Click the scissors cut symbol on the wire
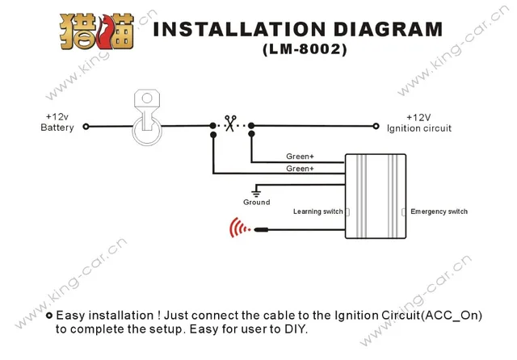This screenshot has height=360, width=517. pyautogui.click(x=231, y=125)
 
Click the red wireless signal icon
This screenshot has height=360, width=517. pyautogui.click(x=238, y=229)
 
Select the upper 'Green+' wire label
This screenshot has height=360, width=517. pyautogui.click(x=300, y=157)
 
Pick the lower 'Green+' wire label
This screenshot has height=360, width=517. pyautogui.click(x=300, y=169)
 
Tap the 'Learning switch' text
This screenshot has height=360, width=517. pyautogui.click(x=318, y=211)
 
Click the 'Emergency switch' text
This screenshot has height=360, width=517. pyautogui.click(x=439, y=211)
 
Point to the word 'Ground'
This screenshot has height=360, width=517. pyautogui.click(x=256, y=203)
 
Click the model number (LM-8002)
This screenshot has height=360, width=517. pyautogui.click(x=305, y=50)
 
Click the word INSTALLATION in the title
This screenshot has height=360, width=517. pyautogui.click(x=228, y=29)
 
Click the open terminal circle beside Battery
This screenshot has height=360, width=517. pyautogui.click(x=86, y=126)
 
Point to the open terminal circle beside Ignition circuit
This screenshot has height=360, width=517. pyautogui.click(x=376, y=126)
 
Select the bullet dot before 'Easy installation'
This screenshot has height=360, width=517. pyautogui.click(x=49, y=316)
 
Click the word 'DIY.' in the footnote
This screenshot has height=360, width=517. pyautogui.click(x=296, y=329)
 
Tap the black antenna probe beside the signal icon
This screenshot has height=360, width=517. pyautogui.click(x=260, y=230)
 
